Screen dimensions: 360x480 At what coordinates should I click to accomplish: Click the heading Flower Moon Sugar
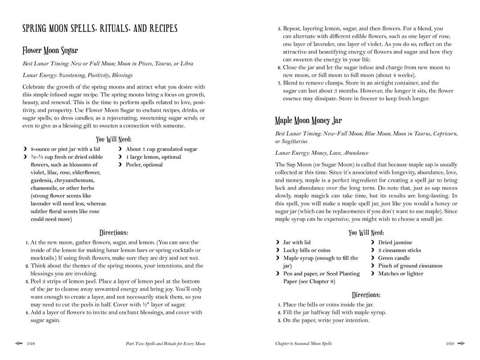point(50,50)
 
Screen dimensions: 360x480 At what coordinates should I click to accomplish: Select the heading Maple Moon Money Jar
point(308,121)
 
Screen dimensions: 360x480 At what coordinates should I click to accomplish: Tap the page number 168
point(31,344)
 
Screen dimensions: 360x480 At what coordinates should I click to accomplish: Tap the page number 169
point(449,344)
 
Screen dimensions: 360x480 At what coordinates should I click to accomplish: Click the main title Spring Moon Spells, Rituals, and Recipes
point(100,29)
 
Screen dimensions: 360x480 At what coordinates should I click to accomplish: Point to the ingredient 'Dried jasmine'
point(395,243)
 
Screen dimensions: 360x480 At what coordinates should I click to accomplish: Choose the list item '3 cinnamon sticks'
point(399,250)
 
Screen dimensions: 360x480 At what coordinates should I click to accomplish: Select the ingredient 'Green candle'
point(394,258)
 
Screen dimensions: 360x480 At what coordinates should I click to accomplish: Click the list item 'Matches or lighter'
point(400,274)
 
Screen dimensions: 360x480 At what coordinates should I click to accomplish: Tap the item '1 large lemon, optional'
point(153,157)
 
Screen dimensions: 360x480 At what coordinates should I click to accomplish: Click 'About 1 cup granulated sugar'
point(161,149)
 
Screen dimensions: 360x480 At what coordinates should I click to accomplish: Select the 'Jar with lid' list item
point(296,243)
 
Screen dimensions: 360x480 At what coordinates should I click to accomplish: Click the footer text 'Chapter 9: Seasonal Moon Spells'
point(303,344)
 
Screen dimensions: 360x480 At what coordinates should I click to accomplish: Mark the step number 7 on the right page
point(279,83)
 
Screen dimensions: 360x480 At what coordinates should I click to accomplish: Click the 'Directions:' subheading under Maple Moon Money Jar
point(366,295)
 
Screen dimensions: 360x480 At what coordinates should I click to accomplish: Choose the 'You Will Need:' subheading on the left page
point(113,139)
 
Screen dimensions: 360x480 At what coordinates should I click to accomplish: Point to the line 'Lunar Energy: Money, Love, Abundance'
point(322,153)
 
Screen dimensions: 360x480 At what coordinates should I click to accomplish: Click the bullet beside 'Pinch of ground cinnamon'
point(372,266)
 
